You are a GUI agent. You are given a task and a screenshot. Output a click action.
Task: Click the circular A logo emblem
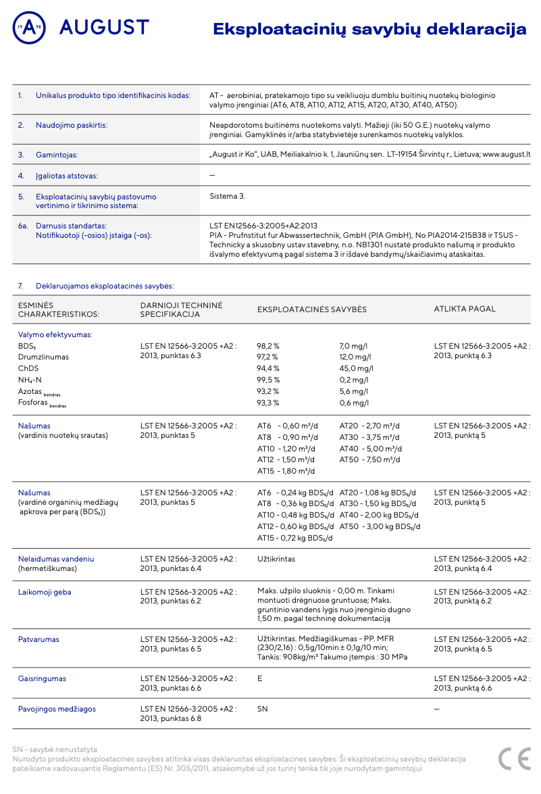pos(29,28)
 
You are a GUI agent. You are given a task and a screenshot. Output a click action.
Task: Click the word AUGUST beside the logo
pos(104,28)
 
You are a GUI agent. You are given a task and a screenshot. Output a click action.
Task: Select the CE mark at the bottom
pos(514,758)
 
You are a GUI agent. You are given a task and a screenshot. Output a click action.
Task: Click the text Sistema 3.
pos(228,196)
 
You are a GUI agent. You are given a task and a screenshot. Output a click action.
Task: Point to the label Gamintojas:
pos(57,155)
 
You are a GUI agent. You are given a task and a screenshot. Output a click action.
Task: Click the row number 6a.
pos(23,225)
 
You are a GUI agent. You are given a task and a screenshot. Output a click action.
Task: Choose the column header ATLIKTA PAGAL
pos(465,309)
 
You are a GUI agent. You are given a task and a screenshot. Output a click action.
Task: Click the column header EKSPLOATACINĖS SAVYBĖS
pos(312,309)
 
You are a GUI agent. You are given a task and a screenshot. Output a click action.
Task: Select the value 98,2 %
pos(268,346)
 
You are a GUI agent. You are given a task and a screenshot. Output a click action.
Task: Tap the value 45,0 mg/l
pos(356,368)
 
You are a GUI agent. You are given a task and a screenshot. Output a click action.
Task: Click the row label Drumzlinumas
pos(43,357)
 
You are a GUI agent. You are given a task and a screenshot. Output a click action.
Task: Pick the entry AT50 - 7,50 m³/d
pos(369,460)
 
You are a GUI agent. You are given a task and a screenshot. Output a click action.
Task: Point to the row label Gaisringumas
pos(42,678)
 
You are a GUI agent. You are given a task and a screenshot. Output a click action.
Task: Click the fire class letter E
pos(260,678)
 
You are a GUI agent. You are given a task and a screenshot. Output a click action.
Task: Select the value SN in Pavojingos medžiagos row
pos(263,709)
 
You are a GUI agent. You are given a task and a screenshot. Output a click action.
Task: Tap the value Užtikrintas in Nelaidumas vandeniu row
pos(276,559)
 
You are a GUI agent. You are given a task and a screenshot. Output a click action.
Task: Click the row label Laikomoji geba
pos(45,592)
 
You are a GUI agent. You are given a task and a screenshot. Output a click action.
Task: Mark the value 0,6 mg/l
pos(354,403)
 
